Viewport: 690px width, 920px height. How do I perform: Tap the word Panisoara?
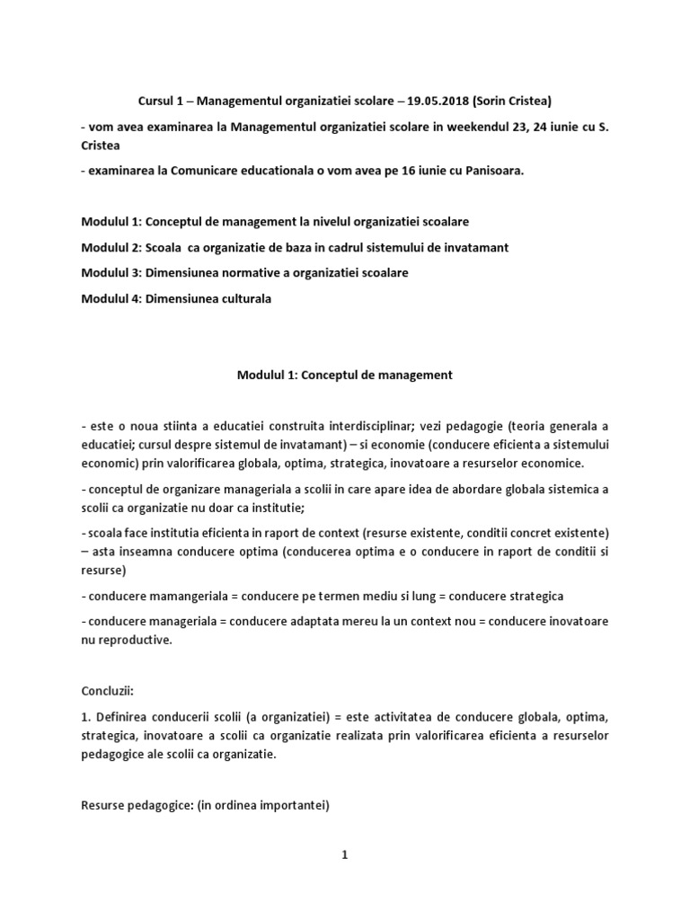[x=509, y=172]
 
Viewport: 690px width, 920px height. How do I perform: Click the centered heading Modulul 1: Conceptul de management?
[x=344, y=375]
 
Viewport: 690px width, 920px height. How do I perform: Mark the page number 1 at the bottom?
[x=344, y=855]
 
